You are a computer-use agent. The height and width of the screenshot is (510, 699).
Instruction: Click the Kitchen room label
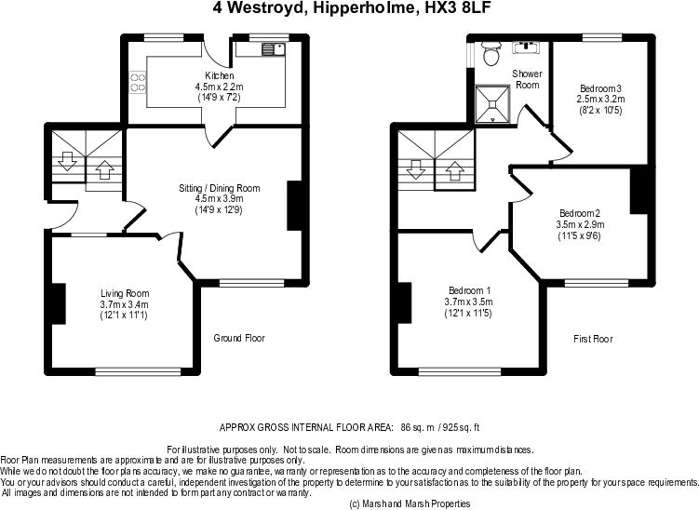220,75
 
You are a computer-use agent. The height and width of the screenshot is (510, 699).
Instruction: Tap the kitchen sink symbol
274,48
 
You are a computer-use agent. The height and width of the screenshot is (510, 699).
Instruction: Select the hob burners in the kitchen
138,83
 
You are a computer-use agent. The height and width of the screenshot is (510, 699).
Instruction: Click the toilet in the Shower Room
491,53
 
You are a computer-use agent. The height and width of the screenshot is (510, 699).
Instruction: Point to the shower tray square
492,104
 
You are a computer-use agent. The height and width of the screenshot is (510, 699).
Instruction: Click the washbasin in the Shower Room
526,47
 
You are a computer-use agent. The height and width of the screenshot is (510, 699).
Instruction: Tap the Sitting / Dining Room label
220,188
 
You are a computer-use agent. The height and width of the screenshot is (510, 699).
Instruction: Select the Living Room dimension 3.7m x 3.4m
125,304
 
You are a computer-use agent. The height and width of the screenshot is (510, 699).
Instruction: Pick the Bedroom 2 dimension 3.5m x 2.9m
580,224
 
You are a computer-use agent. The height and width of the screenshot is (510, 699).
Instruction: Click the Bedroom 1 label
469,290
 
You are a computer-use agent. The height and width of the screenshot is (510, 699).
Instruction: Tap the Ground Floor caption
239,338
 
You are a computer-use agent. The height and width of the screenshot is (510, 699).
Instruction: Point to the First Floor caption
593,339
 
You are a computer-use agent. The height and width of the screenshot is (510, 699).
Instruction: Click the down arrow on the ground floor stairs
68,161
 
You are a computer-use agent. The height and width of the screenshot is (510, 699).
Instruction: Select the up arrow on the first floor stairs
455,170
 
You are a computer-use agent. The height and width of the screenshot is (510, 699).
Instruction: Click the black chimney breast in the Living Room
59,304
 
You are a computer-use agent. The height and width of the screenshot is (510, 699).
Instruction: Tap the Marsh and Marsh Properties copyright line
410,503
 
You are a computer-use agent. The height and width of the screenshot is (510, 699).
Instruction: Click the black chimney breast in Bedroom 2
639,190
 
